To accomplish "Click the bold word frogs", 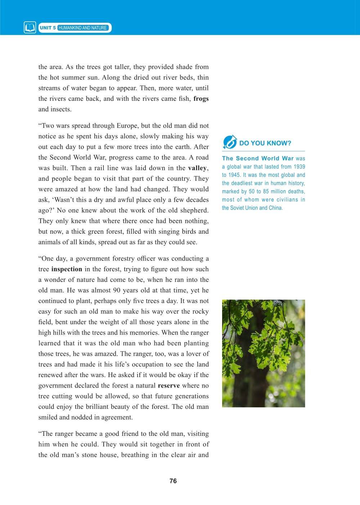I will click(201, 99).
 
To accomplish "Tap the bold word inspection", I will click(67, 269).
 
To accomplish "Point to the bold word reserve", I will click(169, 385).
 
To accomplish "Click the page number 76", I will click(173, 481).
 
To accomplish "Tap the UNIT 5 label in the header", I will click(48, 28).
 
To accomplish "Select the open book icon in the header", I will click(30, 28).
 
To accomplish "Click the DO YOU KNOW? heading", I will click(265, 143).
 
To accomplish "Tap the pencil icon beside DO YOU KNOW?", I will click(229, 142).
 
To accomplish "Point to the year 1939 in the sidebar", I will click(299, 167).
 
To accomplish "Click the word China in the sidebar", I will click(276, 208).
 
